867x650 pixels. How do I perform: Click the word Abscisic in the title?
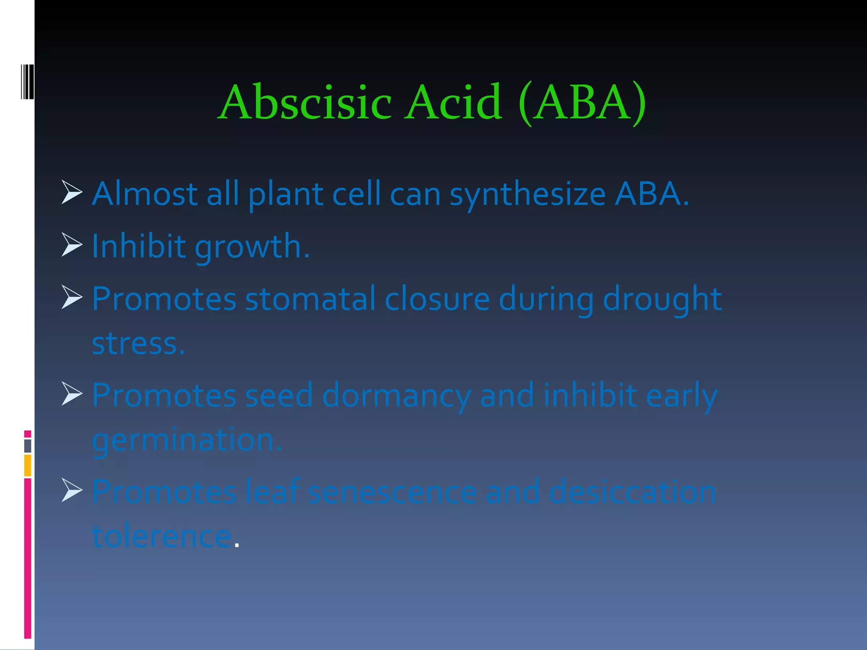(306, 102)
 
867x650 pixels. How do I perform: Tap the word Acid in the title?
(453, 102)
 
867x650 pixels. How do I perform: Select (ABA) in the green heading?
(582, 102)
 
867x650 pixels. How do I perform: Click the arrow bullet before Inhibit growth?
(72, 245)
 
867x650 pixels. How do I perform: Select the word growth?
(252, 247)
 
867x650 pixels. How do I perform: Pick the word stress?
(138, 344)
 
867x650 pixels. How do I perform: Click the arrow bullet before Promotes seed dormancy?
(72, 394)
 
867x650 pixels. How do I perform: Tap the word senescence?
(392, 492)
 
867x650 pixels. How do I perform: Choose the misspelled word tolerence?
(162, 536)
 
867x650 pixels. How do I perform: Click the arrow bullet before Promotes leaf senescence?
(72, 490)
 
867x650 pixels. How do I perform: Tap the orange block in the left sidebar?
(28, 465)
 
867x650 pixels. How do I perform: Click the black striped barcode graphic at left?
(27, 82)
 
